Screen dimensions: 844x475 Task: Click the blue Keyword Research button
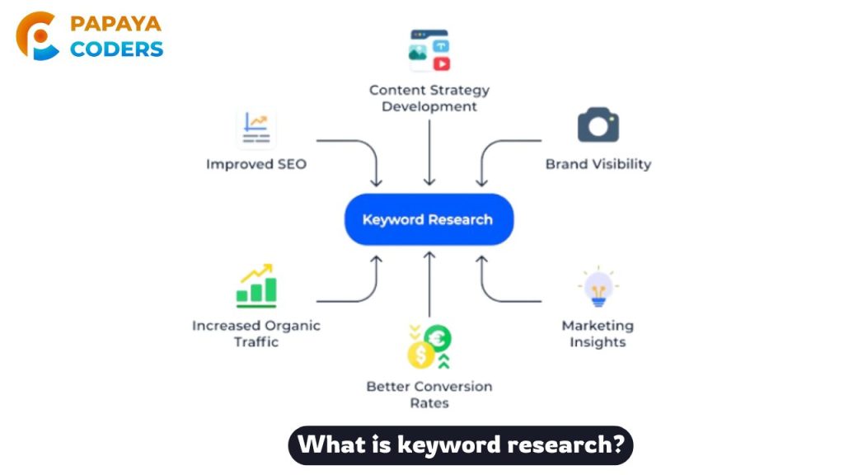point(429,219)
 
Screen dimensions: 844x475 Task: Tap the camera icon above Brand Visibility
point(598,125)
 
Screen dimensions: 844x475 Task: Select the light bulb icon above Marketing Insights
point(598,287)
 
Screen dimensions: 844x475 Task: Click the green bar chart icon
point(256,286)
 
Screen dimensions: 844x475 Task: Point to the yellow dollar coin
point(421,355)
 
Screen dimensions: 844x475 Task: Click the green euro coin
point(438,338)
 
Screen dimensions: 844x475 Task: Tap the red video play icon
point(442,63)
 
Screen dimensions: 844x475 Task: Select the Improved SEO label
point(256,164)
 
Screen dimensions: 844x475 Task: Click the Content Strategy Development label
point(429,98)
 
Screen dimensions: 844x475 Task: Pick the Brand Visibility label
point(598,164)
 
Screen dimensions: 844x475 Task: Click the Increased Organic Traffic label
point(256,333)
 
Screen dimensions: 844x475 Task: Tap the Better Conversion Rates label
point(429,394)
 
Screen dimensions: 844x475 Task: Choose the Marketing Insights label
point(598,333)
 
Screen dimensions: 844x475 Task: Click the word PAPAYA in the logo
point(115,24)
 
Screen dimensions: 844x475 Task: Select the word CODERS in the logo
point(116,49)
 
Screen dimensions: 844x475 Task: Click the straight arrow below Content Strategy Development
point(429,153)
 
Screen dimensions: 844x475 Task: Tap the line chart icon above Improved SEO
point(256,128)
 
